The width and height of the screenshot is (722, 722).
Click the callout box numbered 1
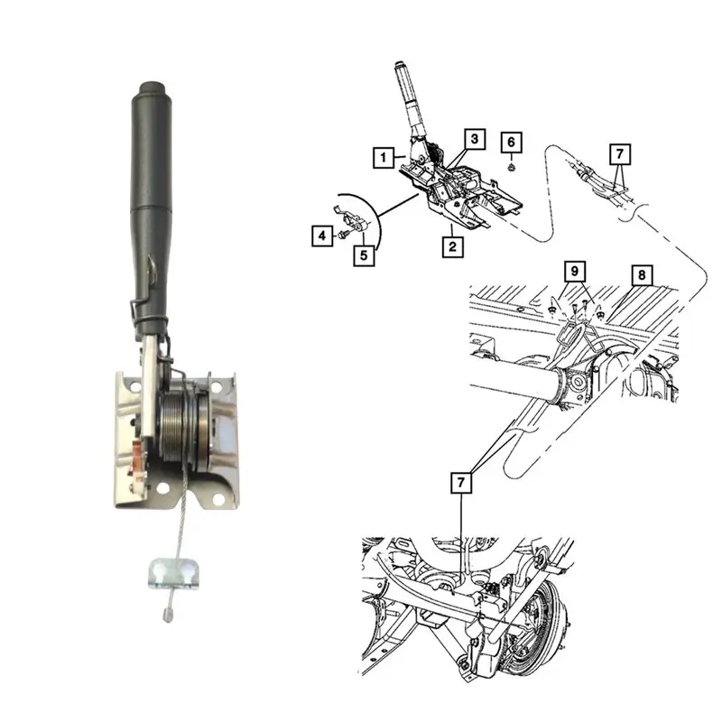pos(384,157)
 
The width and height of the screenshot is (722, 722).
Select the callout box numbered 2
pos(452,246)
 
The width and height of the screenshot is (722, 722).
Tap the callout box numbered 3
pos(475,139)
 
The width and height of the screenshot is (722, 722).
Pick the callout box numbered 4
pos(322,236)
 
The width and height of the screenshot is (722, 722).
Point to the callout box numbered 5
pos(364,255)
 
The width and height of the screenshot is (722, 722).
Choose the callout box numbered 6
pos(511,142)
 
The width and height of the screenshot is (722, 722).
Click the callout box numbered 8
pos(642,275)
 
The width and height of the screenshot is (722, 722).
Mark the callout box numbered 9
pos(575,272)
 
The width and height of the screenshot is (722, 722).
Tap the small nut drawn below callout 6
pos(512,167)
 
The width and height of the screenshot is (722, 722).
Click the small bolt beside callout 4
pos(342,235)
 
